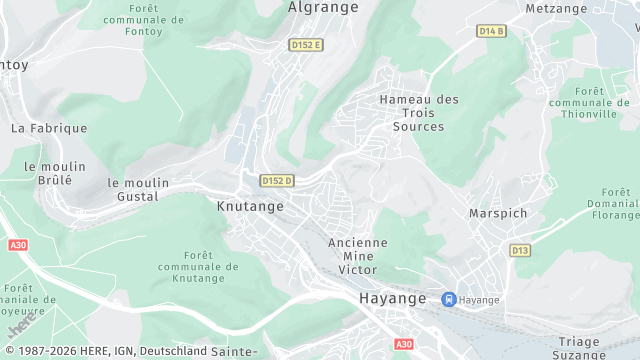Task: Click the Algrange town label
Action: pos(322,7)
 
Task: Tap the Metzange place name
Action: pos(556,8)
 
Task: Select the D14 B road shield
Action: pos(491,31)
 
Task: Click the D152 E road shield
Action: pos(305,45)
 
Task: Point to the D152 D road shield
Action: pos(276,181)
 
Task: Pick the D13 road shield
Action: pos(519,250)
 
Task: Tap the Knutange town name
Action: pos(250,206)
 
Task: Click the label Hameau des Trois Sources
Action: pos(418,113)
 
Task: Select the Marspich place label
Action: pos(498,213)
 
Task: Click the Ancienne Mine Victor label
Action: pos(358,256)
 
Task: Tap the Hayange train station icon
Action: pos(449,299)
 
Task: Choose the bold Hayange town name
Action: pos(392,299)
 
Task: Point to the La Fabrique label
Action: pos(49,128)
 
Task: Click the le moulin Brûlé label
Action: pos(48,173)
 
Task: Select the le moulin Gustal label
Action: pos(138,190)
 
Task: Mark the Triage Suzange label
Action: pos(579,348)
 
